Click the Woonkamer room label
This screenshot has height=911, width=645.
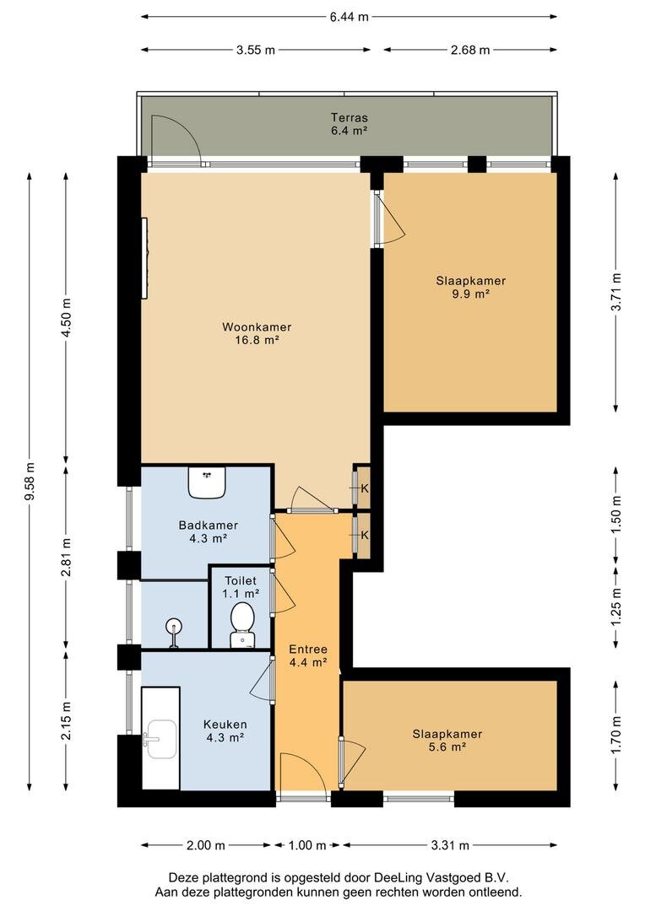257,333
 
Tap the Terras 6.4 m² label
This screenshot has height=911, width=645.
349,124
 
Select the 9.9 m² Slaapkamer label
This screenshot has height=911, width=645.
470,287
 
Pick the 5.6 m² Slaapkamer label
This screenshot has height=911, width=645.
447,741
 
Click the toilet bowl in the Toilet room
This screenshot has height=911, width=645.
242,624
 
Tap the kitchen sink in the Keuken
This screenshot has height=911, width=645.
161,739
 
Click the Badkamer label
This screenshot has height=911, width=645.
209,531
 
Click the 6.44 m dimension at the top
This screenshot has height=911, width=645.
349,17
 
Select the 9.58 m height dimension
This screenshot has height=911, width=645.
30,480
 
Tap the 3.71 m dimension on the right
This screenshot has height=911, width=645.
616,292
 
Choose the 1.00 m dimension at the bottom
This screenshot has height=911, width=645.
307,845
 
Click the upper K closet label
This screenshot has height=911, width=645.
365,488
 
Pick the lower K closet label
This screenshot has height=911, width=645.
365,535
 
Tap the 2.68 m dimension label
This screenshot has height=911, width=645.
470,50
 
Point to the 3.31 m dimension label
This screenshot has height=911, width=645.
450,845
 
